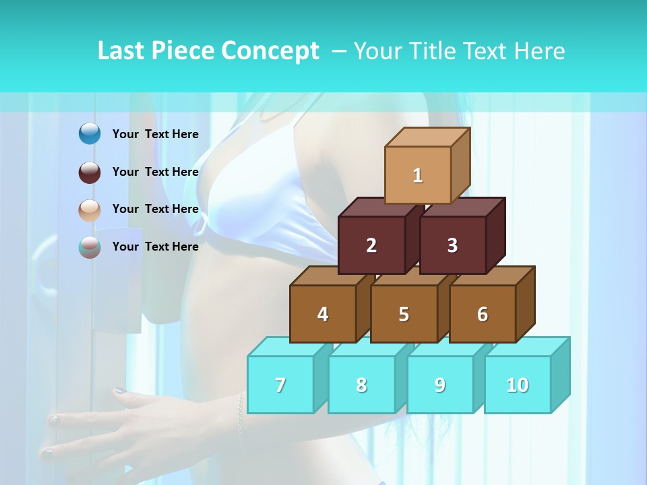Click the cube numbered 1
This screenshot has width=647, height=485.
click(418, 175)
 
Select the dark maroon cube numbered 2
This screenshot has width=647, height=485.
click(371, 245)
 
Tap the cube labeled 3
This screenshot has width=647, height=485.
click(452, 245)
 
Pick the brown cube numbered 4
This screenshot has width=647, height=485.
click(323, 314)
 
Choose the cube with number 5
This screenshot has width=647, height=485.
click(404, 314)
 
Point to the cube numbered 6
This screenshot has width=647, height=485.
click(483, 314)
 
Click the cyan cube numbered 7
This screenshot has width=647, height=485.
click(280, 385)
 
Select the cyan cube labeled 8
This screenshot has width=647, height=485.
click(361, 385)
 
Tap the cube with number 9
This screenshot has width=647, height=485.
click(440, 385)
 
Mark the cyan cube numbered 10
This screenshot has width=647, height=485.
click(518, 385)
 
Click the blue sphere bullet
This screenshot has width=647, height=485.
click(90, 134)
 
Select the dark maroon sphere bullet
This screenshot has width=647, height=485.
click(90, 172)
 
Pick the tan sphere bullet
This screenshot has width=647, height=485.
click(90, 209)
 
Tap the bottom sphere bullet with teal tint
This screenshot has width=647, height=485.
click(90, 247)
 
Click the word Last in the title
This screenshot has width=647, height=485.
click(121, 51)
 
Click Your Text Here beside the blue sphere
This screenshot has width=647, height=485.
click(155, 134)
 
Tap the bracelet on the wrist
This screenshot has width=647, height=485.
click(240, 421)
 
